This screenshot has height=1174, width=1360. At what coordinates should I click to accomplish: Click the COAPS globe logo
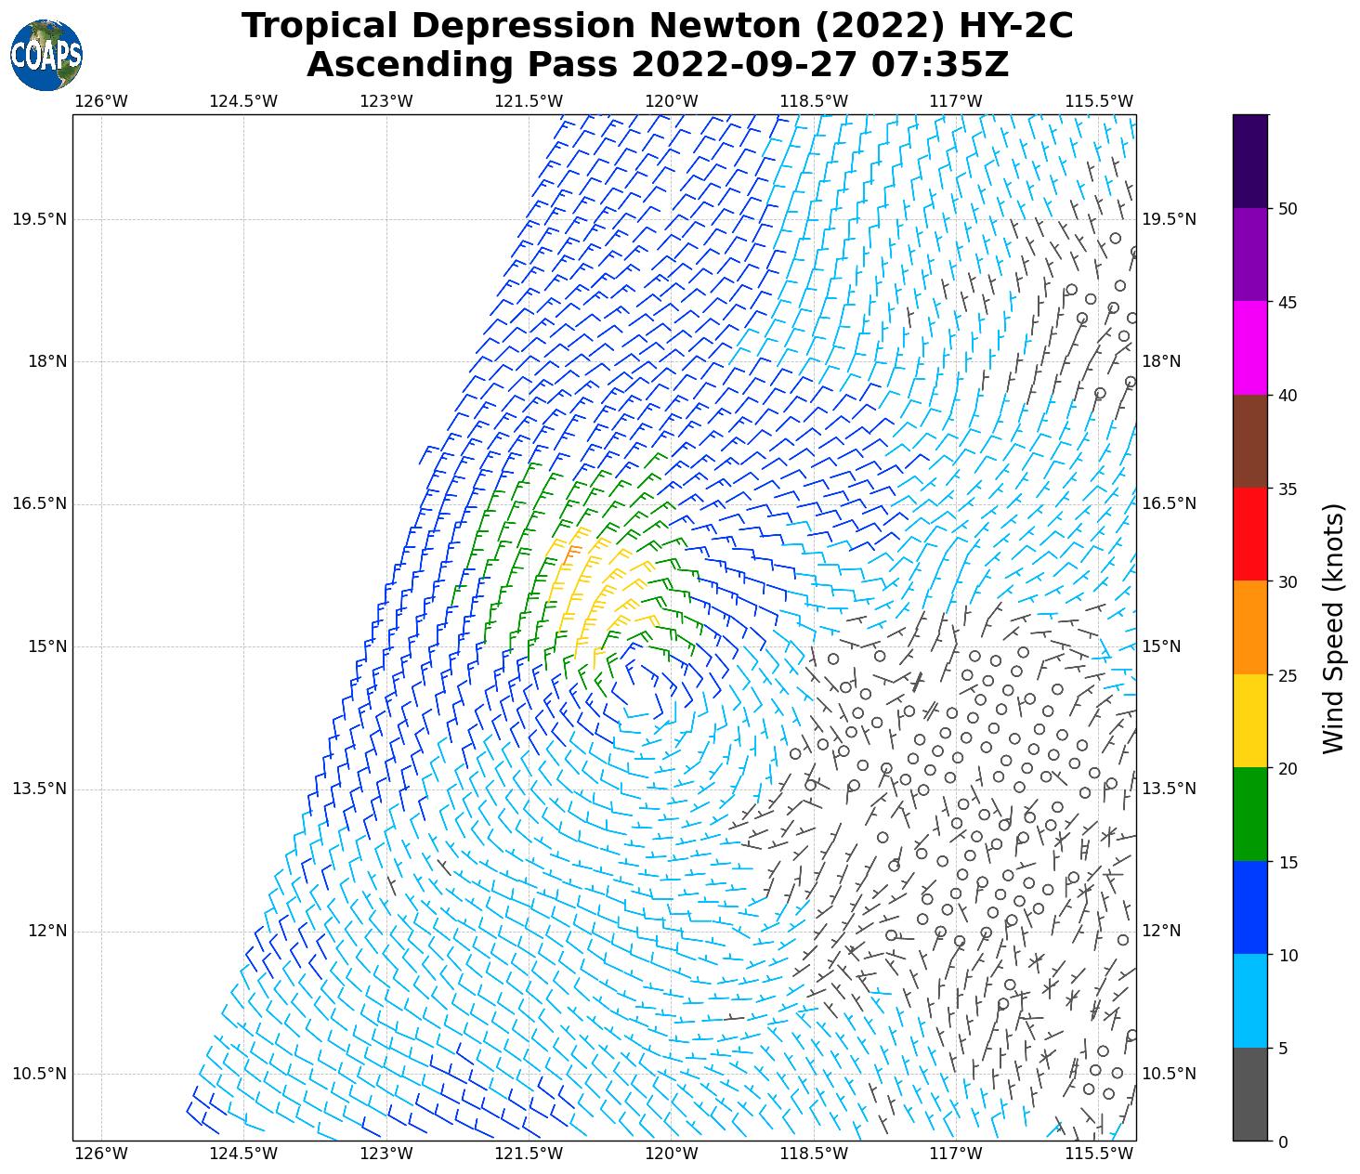click(46, 56)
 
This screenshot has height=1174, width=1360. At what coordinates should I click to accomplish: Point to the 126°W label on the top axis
click(101, 101)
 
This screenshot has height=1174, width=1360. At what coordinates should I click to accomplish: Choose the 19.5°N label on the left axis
click(40, 219)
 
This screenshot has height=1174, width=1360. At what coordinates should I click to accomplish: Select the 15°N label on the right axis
click(1161, 646)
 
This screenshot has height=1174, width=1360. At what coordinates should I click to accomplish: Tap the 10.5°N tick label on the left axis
click(40, 1074)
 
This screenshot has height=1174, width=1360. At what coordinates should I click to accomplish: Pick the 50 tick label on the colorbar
click(1288, 209)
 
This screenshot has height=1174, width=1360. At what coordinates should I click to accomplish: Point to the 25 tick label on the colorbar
click(1288, 675)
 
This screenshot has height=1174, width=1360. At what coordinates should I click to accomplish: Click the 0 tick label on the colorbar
click(1283, 1141)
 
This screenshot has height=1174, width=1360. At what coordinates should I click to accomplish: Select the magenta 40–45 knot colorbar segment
click(1250, 348)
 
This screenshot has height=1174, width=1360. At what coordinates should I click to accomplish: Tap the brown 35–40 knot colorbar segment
click(1250, 441)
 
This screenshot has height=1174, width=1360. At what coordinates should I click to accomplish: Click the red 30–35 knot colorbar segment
click(1250, 535)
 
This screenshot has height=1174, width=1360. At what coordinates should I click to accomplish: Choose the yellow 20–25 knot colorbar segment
click(1250, 722)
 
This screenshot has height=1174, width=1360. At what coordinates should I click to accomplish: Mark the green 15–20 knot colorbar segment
click(1250, 815)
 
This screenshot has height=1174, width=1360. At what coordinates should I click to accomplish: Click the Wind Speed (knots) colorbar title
click(1333, 629)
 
